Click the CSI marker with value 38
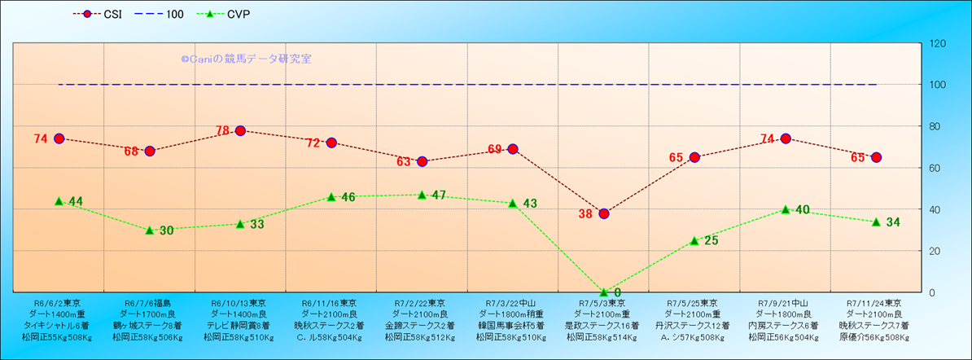[604, 213]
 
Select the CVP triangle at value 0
[604, 292]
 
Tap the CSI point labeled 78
[240, 130]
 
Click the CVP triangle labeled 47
[422, 195]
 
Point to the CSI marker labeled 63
[422, 161]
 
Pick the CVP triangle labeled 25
[694, 240]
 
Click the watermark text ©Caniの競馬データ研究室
[246, 59]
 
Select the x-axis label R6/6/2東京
[58, 303]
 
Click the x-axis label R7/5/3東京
[603, 303]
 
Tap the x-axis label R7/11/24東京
[876, 303]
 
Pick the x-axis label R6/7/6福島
[149, 303]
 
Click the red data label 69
[495, 149]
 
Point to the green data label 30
[166, 230]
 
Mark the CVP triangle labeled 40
[786, 209]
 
